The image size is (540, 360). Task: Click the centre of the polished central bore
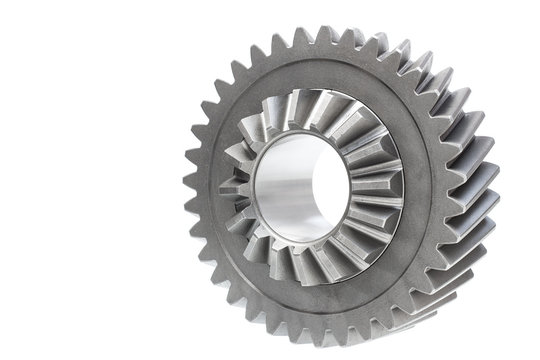300,187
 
